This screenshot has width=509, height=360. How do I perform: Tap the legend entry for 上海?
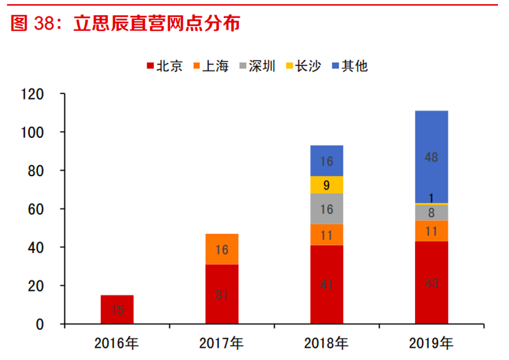point(210,66)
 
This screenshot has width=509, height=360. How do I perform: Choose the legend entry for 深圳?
point(257,66)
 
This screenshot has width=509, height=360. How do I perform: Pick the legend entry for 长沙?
point(303,66)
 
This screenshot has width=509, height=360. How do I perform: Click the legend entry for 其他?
point(349,66)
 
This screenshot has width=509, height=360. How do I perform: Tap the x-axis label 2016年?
point(117,343)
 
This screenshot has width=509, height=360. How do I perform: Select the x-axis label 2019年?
point(431,343)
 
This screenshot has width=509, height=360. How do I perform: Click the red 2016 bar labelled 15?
point(117,310)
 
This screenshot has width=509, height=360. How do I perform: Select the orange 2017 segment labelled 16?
point(222,249)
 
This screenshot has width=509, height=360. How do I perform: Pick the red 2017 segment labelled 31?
point(222,294)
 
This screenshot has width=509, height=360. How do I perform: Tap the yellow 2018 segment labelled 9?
point(326,185)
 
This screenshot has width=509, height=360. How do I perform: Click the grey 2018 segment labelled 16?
point(326,209)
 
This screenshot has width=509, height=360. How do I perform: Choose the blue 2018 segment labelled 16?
point(326,161)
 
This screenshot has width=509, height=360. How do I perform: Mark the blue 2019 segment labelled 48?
point(431,157)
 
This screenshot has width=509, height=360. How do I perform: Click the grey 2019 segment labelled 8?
point(431,213)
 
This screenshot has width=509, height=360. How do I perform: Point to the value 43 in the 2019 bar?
point(431,283)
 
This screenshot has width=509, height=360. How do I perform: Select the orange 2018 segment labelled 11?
point(326,235)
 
